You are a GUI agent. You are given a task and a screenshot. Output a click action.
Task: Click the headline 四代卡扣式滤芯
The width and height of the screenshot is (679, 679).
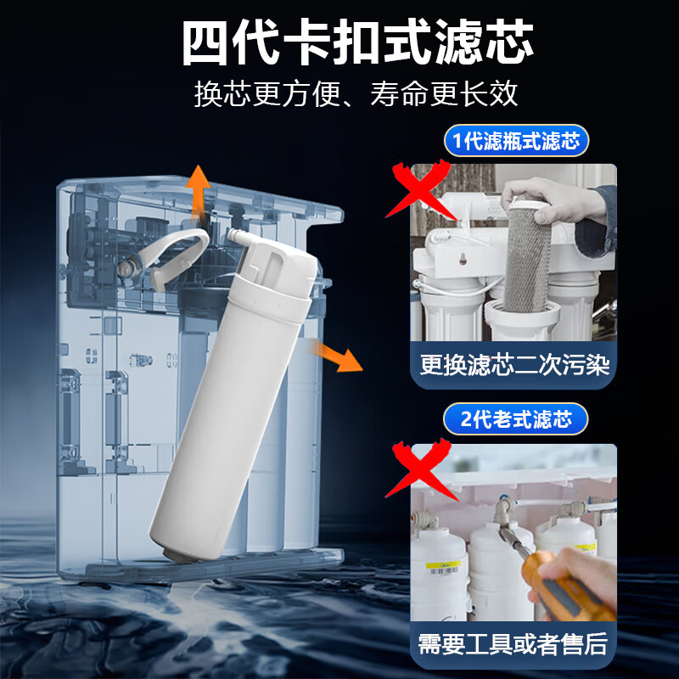[357, 42]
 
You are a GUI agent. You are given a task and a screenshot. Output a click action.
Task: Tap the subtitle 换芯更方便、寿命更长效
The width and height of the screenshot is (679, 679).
[356, 93]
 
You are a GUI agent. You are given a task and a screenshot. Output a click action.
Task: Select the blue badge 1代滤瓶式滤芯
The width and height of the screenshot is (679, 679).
[516, 141]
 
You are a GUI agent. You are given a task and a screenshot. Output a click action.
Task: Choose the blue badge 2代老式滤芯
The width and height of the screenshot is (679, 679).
[516, 418]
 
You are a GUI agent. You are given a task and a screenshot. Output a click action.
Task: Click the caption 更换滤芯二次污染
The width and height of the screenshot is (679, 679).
[514, 365]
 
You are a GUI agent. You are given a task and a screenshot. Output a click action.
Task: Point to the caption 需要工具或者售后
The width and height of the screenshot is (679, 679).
[514, 643]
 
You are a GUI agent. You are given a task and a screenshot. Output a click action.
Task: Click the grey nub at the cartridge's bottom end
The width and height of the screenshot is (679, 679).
[173, 553]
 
